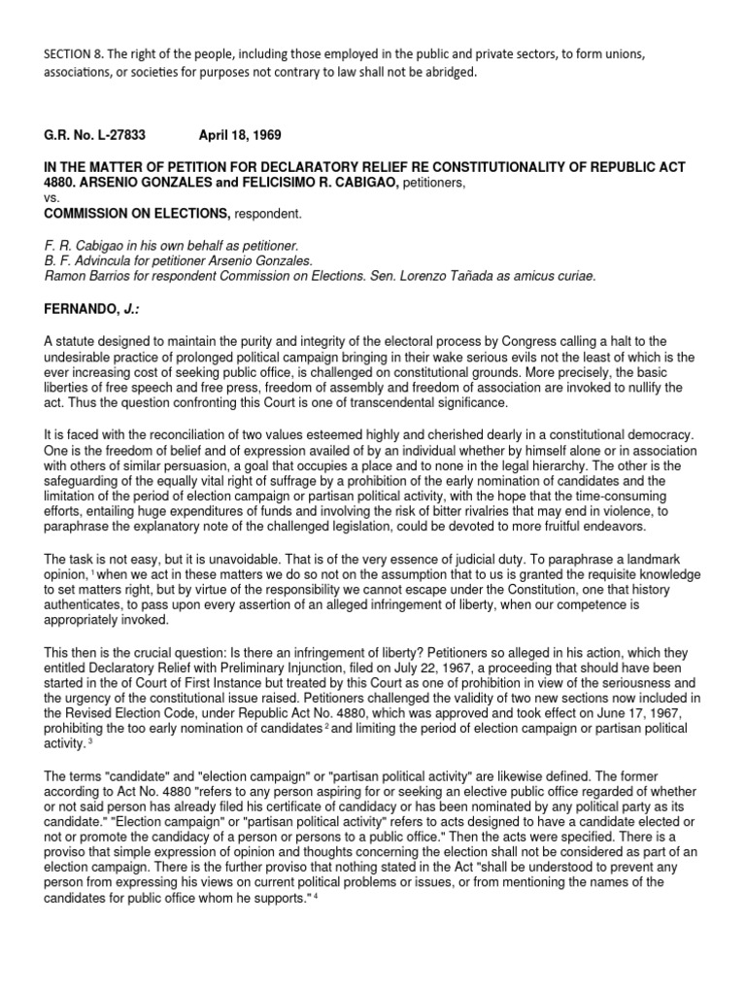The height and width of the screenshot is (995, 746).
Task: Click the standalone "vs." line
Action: (x=51, y=195)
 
